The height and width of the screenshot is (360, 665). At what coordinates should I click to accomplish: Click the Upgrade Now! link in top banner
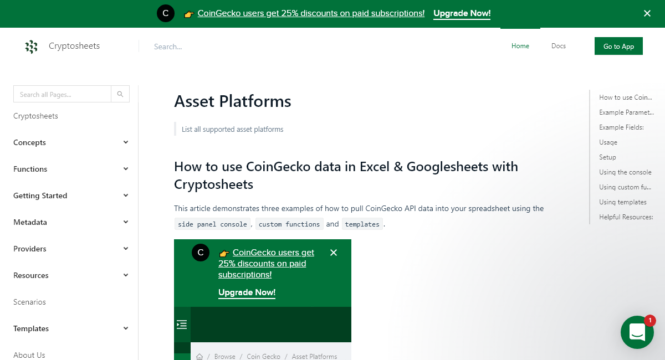[462, 13]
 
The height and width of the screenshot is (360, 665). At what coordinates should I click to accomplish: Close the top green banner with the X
[647, 13]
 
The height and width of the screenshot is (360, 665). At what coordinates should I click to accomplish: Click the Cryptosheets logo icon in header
[32, 47]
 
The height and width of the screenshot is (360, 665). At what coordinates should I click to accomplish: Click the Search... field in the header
[222, 47]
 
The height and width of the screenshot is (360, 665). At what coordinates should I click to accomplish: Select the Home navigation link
[520, 46]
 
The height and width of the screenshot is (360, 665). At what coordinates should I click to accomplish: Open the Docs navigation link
[559, 46]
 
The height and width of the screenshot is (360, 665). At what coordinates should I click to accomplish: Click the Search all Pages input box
[62, 94]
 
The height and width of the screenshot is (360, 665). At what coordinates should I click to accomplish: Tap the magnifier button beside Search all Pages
[120, 94]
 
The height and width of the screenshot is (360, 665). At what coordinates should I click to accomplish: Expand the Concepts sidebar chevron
[126, 142]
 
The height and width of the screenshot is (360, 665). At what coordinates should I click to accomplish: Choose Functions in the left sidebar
[30, 169]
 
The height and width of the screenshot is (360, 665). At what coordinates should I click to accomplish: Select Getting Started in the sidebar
[40, 196]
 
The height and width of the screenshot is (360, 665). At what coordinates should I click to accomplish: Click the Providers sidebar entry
[30, 249]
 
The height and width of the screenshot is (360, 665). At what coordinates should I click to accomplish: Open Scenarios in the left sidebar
[29, 302]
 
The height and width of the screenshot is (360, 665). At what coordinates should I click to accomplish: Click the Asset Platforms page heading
[233, 101]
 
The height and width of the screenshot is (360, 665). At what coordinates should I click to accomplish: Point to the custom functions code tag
[289, 224]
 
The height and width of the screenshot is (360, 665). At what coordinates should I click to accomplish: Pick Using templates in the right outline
[623, 202]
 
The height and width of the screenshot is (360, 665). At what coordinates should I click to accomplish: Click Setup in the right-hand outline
[607, 157]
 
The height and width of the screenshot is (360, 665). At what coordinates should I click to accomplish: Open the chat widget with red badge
[637, 332]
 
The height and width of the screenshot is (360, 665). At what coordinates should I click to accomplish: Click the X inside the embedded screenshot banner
[334, 253]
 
